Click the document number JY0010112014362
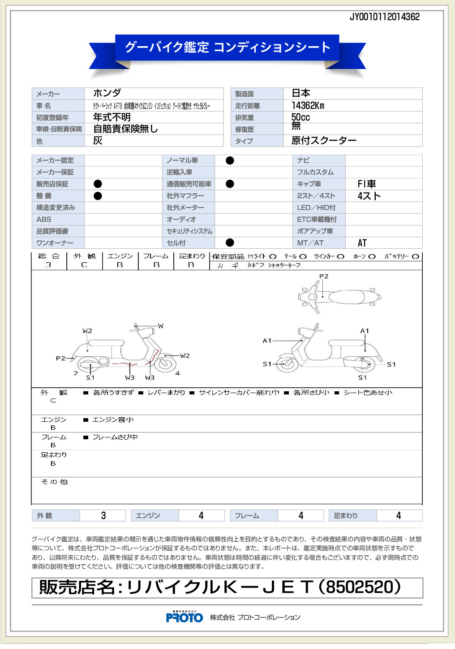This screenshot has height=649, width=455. point(385,17)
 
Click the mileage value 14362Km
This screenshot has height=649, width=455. point(308,106)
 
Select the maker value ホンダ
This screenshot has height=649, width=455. point(107,93)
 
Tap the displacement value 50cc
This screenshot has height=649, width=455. point(300,117)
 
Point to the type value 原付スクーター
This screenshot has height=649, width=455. point(324,141)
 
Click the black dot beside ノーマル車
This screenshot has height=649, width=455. point(230,160)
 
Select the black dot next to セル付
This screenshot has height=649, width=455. point(230,242)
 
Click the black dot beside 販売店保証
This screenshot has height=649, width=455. point(98,184)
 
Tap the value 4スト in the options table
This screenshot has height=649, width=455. point(369,196)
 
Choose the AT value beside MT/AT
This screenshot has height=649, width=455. point(362,243)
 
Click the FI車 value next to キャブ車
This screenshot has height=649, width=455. point(367,184)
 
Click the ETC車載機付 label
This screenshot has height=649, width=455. point(317,220)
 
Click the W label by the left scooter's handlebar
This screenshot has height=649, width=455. point(161,326)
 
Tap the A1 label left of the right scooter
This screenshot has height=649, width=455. point(267,341)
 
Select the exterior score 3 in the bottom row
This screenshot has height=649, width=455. point(103,515)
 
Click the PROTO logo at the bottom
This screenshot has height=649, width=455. point(184,618)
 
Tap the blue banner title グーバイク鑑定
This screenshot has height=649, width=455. point(167,47)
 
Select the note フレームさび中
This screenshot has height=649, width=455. point(115,437)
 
